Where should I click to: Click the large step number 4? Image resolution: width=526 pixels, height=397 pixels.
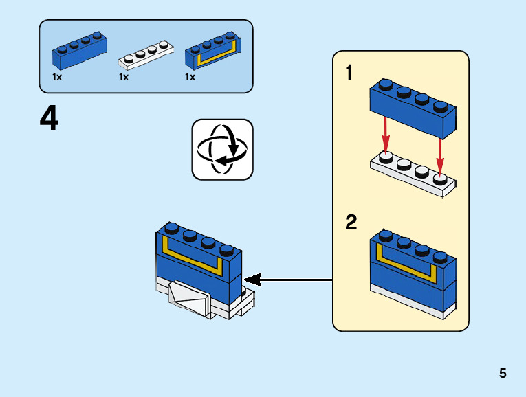[49, 120]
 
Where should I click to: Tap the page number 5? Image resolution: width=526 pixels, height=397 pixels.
[503, 374]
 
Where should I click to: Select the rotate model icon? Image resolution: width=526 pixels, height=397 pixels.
[222, 149]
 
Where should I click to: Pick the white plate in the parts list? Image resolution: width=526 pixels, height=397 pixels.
[145, 56]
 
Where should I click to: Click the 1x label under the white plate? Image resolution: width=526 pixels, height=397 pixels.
[124, 77]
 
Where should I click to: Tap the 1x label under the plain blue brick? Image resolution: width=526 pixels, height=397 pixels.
[57, 77]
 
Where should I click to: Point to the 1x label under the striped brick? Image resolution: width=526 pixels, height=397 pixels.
[190, 77]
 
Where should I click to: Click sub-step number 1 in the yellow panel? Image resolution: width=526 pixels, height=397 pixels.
[349, 73]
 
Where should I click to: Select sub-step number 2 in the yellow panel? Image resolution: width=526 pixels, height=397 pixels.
[351, 223]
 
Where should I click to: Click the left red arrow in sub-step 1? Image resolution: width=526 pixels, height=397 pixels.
[386, 135]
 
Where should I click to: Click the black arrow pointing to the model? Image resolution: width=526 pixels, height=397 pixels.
[289, 280]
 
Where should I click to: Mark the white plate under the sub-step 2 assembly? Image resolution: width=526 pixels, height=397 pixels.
[413, 307]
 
